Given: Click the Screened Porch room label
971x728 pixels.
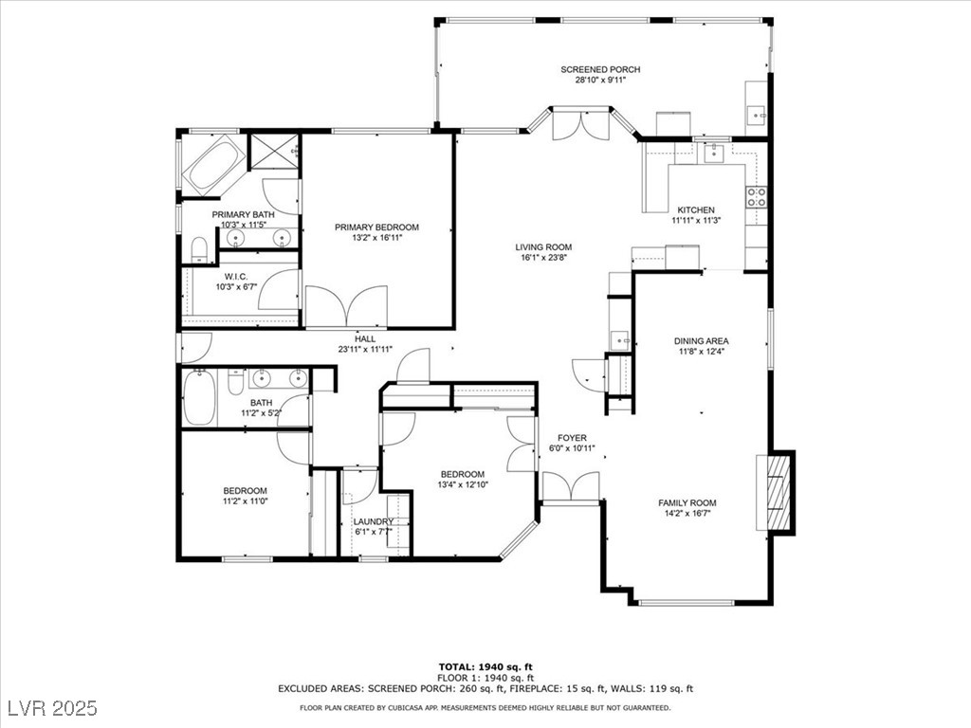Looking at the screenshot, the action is pos(600,69).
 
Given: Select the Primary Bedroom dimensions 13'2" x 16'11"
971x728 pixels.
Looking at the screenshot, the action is pos(376,238).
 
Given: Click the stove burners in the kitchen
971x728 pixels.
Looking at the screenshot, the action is pos(756,197).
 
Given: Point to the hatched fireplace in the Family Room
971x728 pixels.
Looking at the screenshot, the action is pos(779,493).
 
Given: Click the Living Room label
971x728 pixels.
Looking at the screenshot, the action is pos(543,247).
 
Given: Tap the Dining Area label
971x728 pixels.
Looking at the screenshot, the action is pos(701,340).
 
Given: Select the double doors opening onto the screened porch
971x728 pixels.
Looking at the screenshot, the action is pos(581,124).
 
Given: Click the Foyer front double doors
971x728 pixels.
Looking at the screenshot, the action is pos(570,486).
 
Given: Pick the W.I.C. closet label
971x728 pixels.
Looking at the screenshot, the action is pos(236,277).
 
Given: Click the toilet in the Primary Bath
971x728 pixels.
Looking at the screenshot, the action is pos(199,250).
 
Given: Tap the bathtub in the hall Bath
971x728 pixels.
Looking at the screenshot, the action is pos(199,397).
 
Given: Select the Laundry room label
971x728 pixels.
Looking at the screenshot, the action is pos(374,521).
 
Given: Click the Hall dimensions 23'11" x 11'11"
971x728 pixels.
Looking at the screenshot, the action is pos(365,349).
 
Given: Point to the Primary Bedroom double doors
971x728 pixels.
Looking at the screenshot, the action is pos(347,306).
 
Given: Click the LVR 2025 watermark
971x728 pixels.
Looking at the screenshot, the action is pos(53,707).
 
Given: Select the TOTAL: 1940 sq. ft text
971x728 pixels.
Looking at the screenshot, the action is pos(485,666).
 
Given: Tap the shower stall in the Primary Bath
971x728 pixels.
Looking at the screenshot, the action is pos(273,151).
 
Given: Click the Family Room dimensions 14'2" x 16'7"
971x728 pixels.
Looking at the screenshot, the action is pos(687,513).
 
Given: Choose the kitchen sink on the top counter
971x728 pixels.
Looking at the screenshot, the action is pos(713,153).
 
